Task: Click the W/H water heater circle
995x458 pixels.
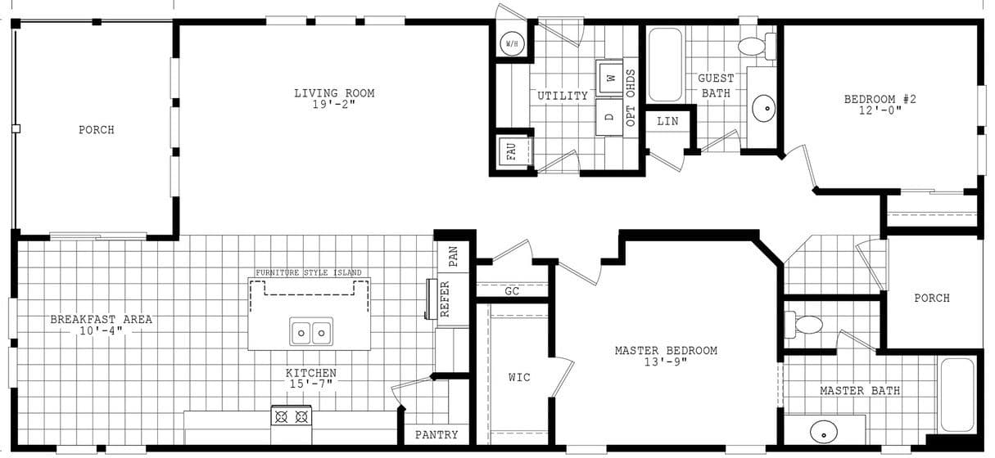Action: click(x=512, y=43)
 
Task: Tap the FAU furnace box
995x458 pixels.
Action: click(x=511, y=151)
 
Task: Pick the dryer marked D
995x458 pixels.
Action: click(x=609, y=116)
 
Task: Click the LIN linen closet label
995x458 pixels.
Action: click(x=668, y=121)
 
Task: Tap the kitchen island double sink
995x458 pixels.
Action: click(x=311, y=332)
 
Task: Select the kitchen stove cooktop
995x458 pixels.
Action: click(x=292, y=416)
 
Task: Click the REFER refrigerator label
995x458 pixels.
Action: click(x=445, y=299)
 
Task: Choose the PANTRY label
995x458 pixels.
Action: click(x=436, y=435)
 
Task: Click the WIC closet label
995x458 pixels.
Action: click(x=519, y=377)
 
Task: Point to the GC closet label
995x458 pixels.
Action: click(x=512, y=291)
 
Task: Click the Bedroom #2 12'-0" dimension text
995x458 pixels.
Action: click(x=880, y=110)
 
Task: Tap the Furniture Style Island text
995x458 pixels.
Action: click(x=308, y=272)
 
